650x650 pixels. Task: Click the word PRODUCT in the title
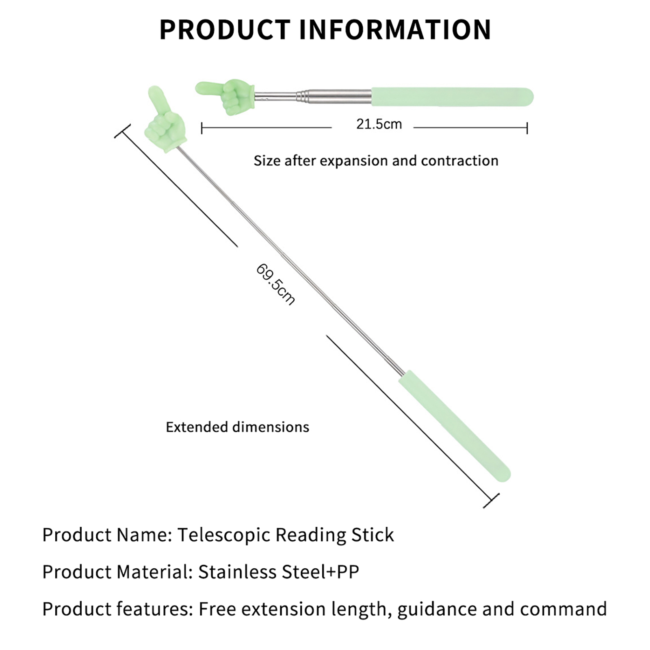click(225, 29)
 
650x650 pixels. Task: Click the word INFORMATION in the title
click(395, 29)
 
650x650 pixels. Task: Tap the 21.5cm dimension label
click(379, 124)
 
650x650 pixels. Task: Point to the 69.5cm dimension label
click(275, 284)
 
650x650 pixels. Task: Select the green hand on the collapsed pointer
click(227, 95)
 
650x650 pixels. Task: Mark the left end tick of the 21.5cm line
click(202, 128)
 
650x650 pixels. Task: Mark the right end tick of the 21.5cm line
click(527, 128)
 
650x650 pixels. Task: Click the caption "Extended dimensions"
click(237, 427)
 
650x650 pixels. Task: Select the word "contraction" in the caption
click(459, 161)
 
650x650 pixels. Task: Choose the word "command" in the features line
click(563, 609)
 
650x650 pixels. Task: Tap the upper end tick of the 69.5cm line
click(122, 131)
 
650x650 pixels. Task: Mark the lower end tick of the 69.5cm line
click(491, 501)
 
